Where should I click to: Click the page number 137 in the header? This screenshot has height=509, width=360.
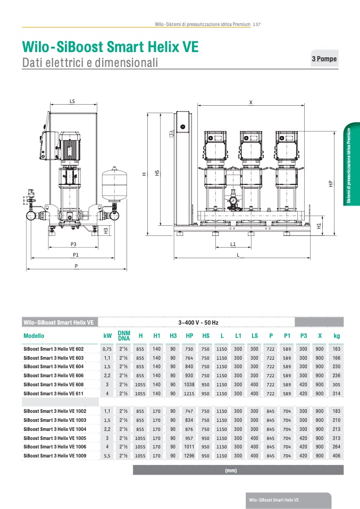[x=256, y=24]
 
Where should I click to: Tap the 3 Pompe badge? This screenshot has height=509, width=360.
[x=324, y=59]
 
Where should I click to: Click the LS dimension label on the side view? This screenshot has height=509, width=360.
[x=72, y=100]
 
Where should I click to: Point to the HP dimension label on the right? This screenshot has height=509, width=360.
[x=330, y=183]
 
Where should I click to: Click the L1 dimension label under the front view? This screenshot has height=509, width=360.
[x=233, y=244]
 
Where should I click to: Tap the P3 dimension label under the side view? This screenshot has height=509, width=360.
[x=74, y=244]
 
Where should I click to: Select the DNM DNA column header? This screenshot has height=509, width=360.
[x=124, y=336]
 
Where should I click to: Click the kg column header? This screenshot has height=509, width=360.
[x=336, y=336]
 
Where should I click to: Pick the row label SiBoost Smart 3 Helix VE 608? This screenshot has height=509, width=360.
[x=54, y=384]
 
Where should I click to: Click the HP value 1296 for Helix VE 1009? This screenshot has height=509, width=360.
[x=189, y=456]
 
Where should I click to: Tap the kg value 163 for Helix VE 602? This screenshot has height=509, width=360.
[x=336, y=349]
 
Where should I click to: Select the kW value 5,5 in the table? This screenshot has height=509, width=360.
[x=107, y=456]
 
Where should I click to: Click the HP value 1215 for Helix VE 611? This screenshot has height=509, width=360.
[x=189, y=393]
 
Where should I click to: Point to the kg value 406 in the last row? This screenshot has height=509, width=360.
[x=336, y=456]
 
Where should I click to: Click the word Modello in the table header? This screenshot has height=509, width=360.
[x=34, y=336]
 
